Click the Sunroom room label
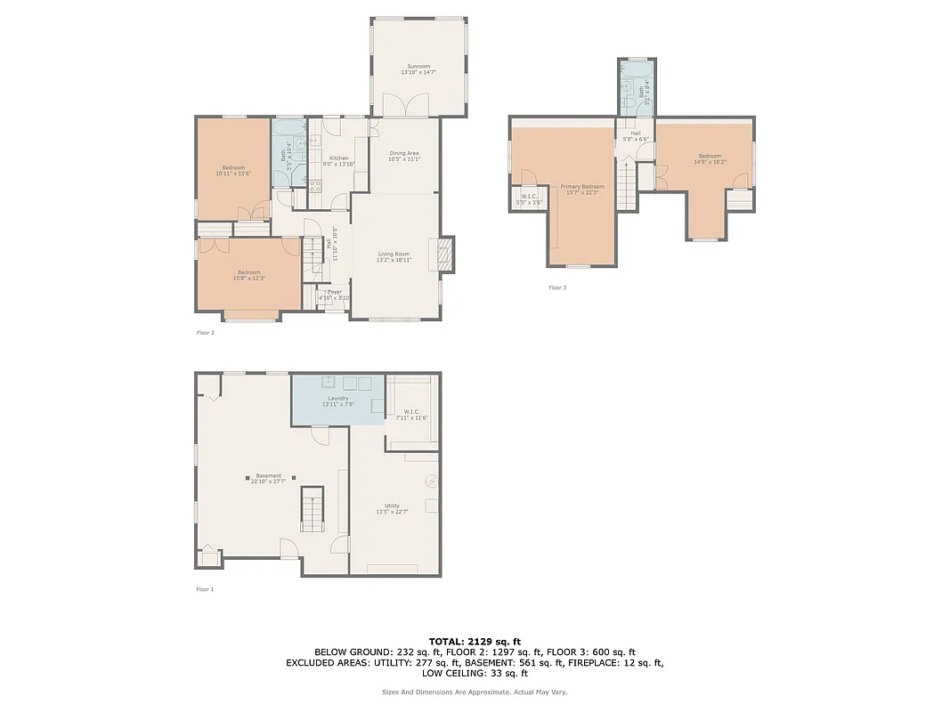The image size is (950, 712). click(x=418, y=69)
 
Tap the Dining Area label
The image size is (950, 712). click(x=404, y=156)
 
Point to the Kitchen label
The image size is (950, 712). click(x=338, y=161)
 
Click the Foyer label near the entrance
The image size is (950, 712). click(x=334, y=295)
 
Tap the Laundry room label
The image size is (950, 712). click(x=338, y=401)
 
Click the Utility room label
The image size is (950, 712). click(x=392, y=508)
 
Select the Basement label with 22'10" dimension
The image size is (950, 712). click(x=268, y=478)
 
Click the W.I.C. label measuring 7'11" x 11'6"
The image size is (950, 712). click(x=411, y=415)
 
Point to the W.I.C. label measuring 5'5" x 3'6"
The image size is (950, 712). click(x=528, y=199)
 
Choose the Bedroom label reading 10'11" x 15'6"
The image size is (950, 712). click(x=233, y=170)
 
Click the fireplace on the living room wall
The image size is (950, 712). click(x=444, y=255)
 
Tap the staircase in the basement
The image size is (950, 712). click(x=313, y=509)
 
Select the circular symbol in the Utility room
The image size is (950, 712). click(x=432, y=481)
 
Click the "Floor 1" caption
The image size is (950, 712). click(x=205, y=589)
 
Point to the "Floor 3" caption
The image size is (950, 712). click(x=556, y=287)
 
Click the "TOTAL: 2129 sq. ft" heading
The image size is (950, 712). click(x=475, y=641)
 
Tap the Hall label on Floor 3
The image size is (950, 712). click(x=636, y=136)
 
